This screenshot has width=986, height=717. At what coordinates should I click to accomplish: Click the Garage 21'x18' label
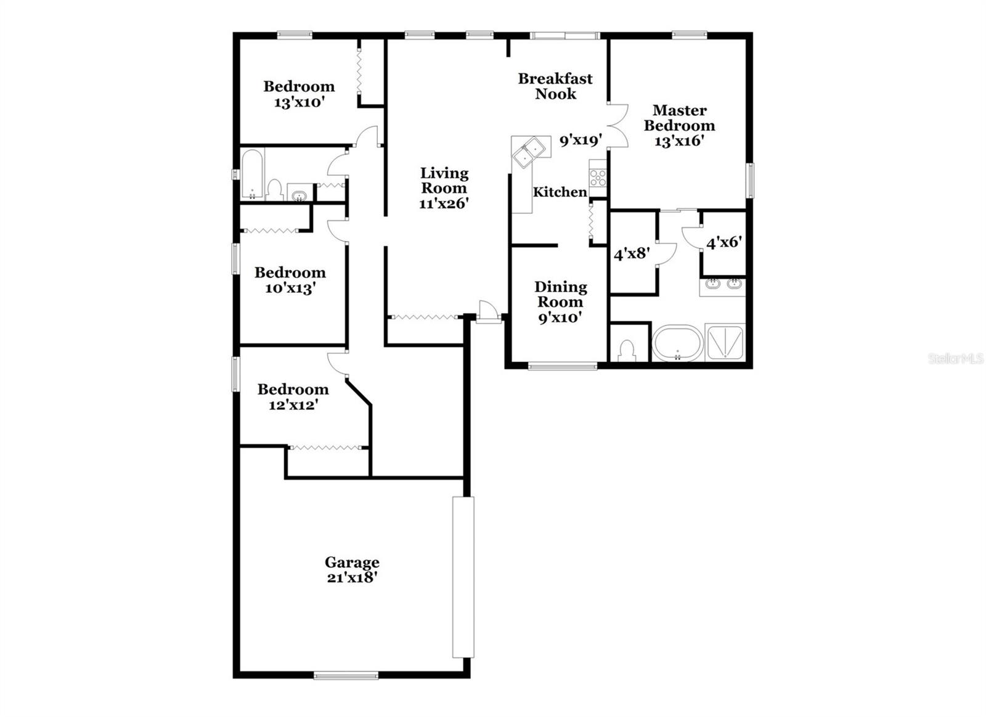(x=352, y=570)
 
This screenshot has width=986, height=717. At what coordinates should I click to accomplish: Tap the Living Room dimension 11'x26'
(x=444, y=203)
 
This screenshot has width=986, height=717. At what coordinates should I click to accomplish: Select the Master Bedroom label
(x=679, y=125)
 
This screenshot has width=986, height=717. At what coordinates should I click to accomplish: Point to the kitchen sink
(x=529, y=152)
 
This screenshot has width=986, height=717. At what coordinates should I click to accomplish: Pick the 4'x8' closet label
(x=632, y=253)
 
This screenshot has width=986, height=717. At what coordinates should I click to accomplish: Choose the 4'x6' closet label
(x=723, y=243)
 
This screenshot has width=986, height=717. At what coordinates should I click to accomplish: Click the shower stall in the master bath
(x=725, y=342)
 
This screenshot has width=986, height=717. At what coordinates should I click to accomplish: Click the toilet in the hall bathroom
(x=275, y=189)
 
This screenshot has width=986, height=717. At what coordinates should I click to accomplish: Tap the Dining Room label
(x=560, y=301)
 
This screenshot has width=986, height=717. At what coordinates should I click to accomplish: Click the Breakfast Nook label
(x=555, y=86)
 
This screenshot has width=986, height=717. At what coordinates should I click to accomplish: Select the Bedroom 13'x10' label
(x=299, y=94)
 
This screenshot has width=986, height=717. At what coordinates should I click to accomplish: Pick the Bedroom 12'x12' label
(x=293, y=396)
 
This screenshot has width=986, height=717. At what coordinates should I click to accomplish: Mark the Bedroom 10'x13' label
(x=290, y=280)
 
